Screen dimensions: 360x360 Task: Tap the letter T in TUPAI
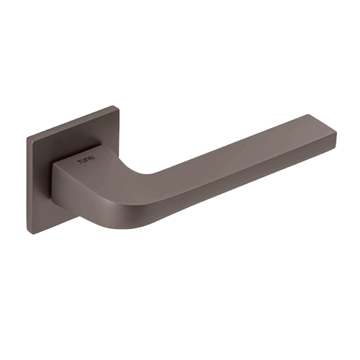[x=79, y=163]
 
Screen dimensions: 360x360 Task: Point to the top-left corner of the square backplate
[x=28, y=138]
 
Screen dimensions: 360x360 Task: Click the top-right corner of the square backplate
[x=118, y=107]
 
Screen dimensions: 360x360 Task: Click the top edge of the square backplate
[x=73, y=122]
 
